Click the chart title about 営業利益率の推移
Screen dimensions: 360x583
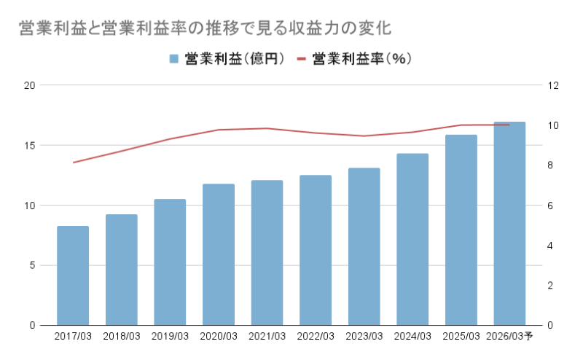pos(205,29)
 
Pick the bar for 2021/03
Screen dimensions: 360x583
pos(267,253)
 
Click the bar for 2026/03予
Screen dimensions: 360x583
pos(509,224)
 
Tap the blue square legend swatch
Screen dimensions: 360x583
pos(174,59)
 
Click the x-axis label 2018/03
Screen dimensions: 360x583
pos(122,337)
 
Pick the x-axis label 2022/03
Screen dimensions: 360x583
pos(316,337)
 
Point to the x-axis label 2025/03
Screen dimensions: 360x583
pos(461,337)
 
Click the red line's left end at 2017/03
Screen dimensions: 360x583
pos(73,163)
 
